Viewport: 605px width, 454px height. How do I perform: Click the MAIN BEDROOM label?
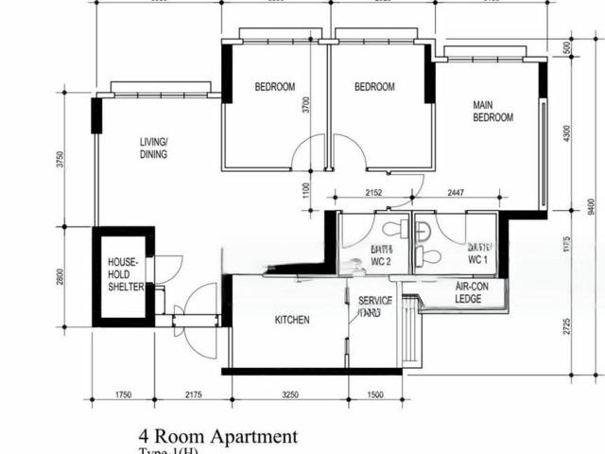click(x=493, y=112)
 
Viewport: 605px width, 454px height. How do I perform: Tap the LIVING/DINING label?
click(x=153, y=148)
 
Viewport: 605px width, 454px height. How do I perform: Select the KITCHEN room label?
click(x=292, y=321)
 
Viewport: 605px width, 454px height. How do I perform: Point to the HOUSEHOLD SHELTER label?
click(x=125, y=274)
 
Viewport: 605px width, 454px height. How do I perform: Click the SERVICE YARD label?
click(x=375, y=306)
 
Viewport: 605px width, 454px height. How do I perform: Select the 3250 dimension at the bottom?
click(x=289, y=393)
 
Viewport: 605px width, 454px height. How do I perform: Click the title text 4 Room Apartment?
click(x=218, y=437)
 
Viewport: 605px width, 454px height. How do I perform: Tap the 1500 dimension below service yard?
click(x=375, y=393)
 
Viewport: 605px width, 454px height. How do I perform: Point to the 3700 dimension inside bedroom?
click(x=305, y=104)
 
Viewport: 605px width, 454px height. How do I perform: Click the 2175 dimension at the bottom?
click(x=195, y=393)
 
